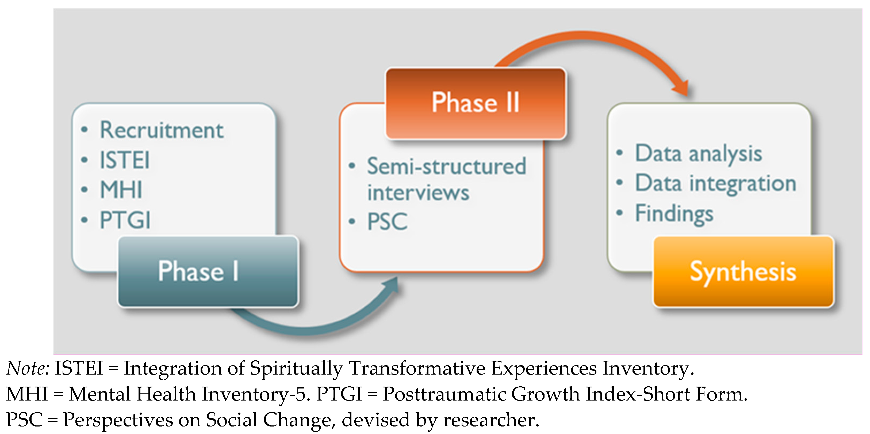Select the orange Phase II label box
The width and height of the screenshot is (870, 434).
tap(476, 103)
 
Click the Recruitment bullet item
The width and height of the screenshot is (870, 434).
tap(162, 130)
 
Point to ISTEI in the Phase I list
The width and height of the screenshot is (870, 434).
tap(124, 160)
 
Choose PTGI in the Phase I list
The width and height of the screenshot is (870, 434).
tap(125, 220)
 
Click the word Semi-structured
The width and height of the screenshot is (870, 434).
tap(446, 166)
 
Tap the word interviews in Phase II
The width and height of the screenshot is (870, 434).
tap(418, 193)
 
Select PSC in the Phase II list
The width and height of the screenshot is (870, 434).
tap(387, 222)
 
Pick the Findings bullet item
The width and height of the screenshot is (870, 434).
tap(674, 214)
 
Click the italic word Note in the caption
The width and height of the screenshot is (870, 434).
tap(27, 368)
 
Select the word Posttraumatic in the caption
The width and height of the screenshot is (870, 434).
tap(444, 394)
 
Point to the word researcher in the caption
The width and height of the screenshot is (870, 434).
tap(490, 420)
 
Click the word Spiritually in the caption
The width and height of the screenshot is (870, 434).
tap(296, 368)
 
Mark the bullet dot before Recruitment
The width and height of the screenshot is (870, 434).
tap(85, 130)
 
